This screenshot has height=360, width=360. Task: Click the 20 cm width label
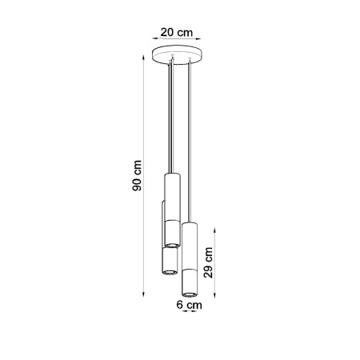[176, 33]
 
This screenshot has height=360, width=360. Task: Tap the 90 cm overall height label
[138, 175]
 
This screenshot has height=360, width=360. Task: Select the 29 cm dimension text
[209, 261]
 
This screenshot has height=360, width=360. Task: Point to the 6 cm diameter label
[190, 304]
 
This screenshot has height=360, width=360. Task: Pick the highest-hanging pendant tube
[170, 208]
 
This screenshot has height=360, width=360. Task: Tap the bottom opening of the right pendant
[190, 293]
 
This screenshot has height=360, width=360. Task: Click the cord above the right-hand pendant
[190, 144]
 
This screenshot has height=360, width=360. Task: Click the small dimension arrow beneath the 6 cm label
[190, 314]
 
